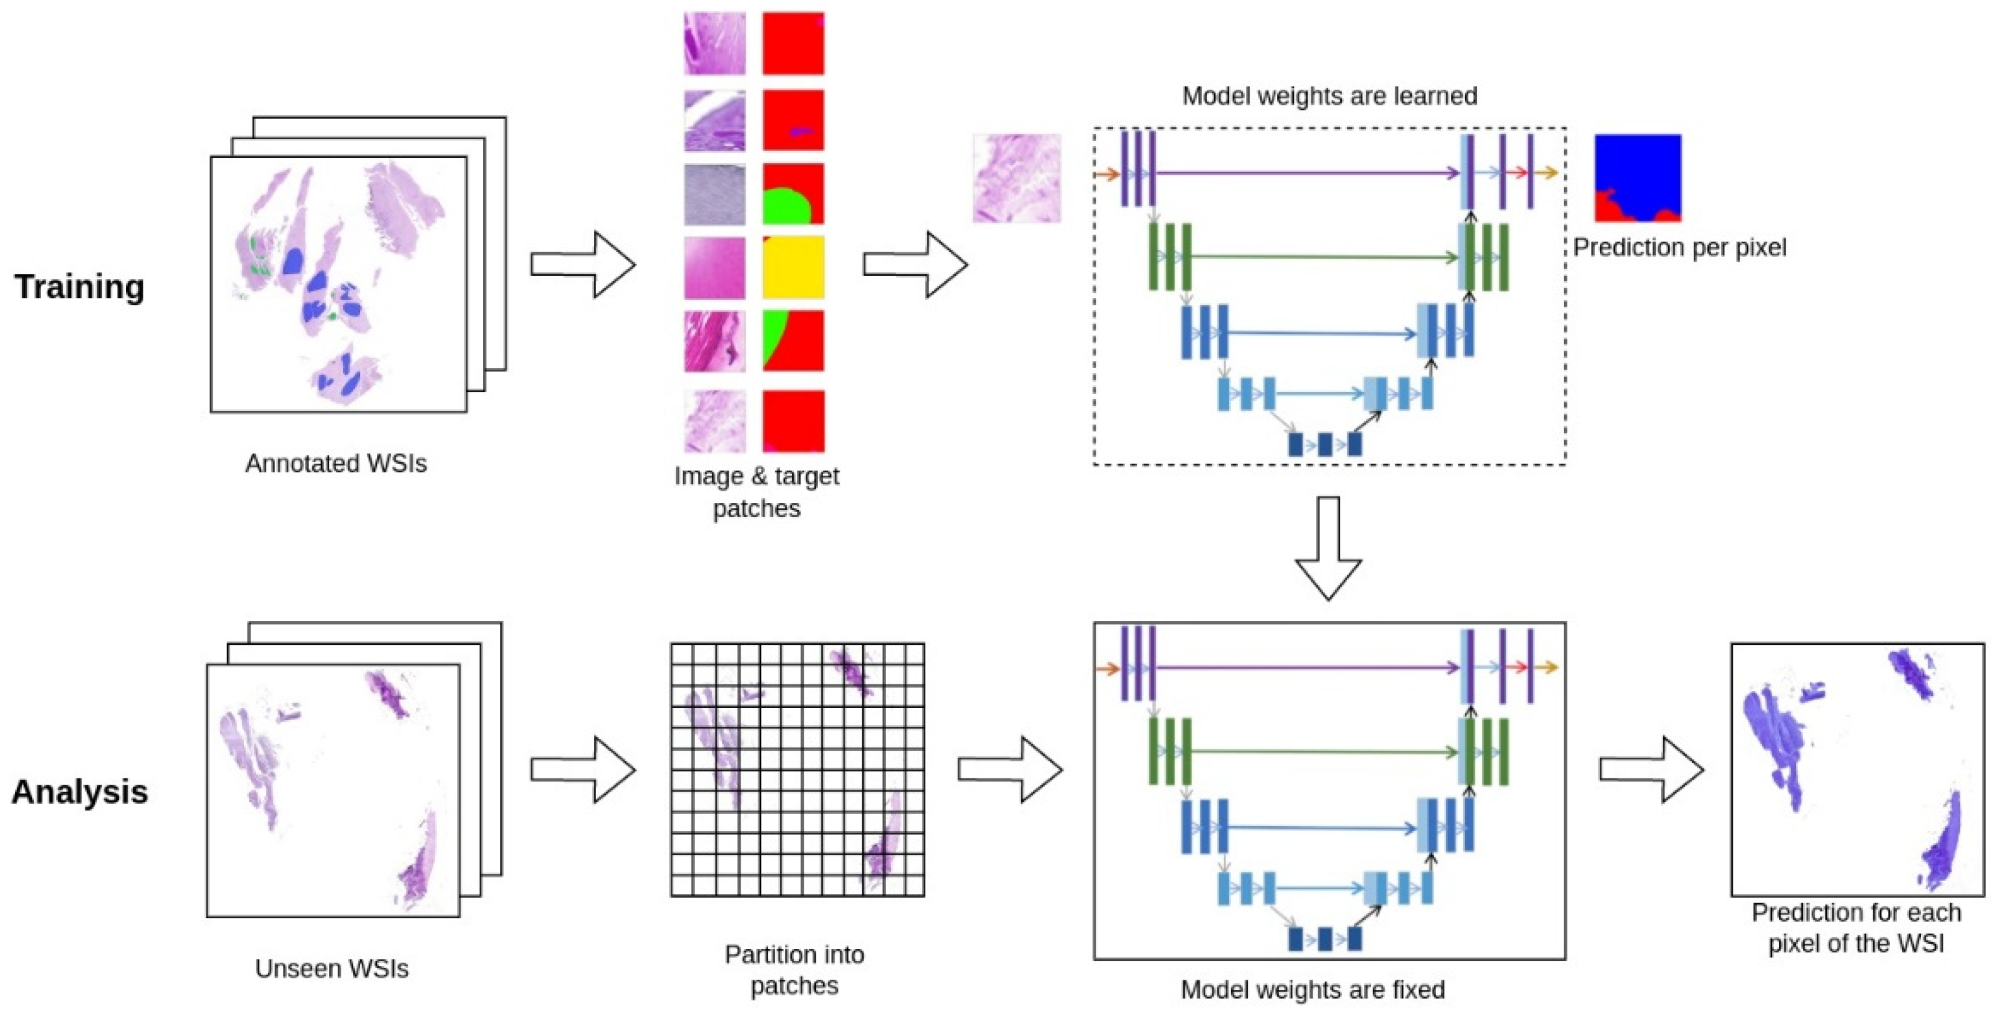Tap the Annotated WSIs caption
336,464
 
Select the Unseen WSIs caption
331,968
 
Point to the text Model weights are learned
1329,96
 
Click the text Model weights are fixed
1312,989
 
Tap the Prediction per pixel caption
1679,248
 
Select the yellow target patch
793,268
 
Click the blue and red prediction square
1637,178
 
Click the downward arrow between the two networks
1328,548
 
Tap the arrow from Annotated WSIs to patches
583,265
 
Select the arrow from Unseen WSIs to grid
583,769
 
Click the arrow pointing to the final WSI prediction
1651,769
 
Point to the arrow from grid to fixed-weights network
1010,769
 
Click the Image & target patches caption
757,492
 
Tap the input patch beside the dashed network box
1017,179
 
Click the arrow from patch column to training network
914,265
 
